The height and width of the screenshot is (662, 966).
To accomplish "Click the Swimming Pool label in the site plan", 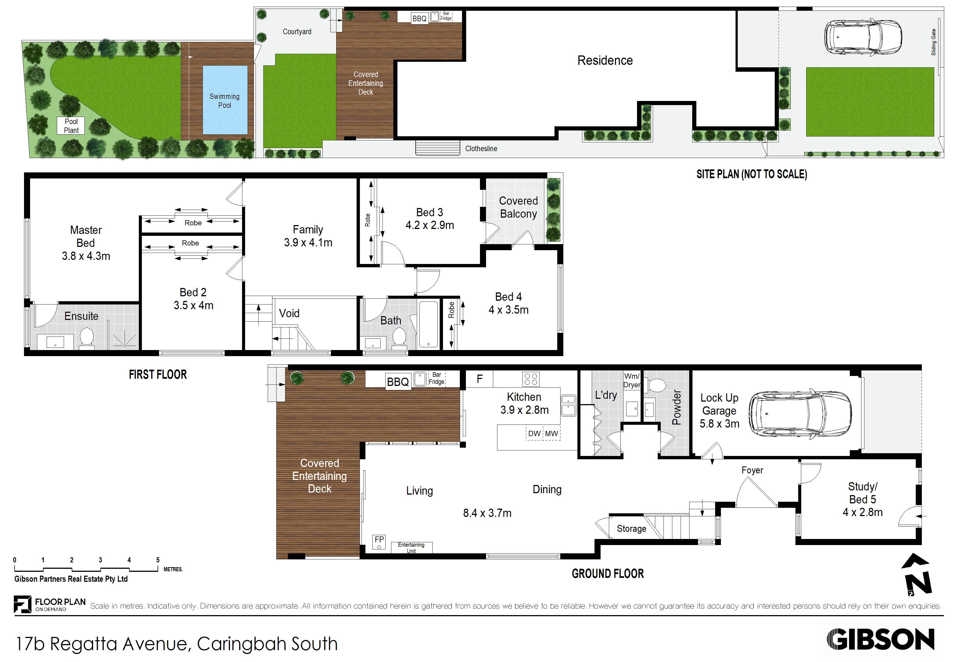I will (224, 100).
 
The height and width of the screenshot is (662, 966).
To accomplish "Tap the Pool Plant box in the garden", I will (71, 126).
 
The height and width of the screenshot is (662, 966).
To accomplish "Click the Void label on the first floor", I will (289, 314).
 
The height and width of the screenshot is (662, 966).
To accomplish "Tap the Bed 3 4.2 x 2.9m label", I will (429, 219).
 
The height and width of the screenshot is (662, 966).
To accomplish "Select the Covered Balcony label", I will (518, 207).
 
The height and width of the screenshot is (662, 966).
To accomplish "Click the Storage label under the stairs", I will (631, 529).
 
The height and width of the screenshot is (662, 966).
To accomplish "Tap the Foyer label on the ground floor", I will (752, 470).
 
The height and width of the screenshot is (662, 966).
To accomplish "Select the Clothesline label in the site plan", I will (481, 149).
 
